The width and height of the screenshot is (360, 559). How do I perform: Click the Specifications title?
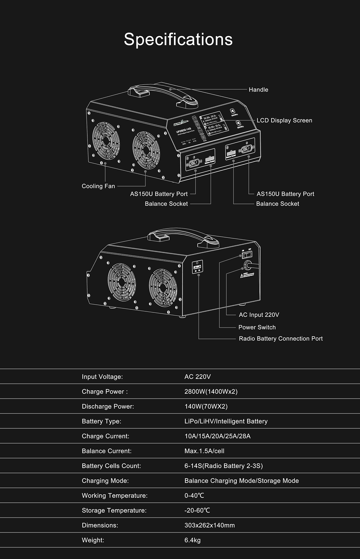pyautogui.click(x=178, y=39)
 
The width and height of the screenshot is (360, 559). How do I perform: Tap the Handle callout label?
pyautogui.click(x=258, y=90)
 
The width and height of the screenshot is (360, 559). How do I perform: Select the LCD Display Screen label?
pyautogui.click(x=284, y=120)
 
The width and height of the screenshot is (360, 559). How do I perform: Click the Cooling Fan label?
pyautogui.click(x=98, y=186)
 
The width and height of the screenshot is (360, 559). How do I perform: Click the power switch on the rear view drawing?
pyautogui.click(x=247, y=255)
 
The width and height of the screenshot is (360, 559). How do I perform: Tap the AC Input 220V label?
pyautogui.click(x=259, y=315)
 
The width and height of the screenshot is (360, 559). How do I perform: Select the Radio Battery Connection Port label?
pyautogui.click(x=280, y=339)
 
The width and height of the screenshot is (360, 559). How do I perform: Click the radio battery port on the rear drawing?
pyautogui.click(x=197, y=267)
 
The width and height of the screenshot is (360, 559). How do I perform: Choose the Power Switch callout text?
pyautogui.click(x=257, y=328)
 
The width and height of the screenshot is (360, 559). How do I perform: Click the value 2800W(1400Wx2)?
pyautogui.click(x=211, y=392)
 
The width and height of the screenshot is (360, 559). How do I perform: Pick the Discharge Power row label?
pyautogui.click(x=108, y=406)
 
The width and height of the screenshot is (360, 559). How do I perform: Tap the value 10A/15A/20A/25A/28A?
pyautogui.click(x=217, y=436)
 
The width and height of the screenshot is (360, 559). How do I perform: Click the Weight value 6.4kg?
pyautogui.click(x=192, y=540)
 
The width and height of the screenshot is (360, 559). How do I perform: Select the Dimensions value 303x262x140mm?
pyautogui.click(x=209, y=525)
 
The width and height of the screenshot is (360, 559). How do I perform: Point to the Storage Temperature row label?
pyautogui.click(x=114, y=510)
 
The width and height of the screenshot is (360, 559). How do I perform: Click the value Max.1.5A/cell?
pyautogui.click(x=204, y=451)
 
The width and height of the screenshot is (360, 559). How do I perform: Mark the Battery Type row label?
pyautogui.click(x=101, y=422)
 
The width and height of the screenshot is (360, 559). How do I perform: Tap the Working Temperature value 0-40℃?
pyautogui.click(x=194, y=496)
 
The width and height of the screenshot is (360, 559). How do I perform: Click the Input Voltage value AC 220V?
pyautogui.click(x=197, y=377)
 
